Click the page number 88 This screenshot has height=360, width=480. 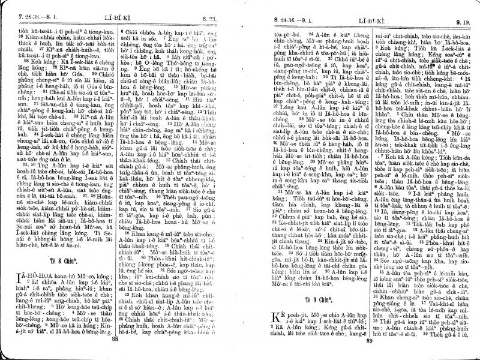coord(114,340)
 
